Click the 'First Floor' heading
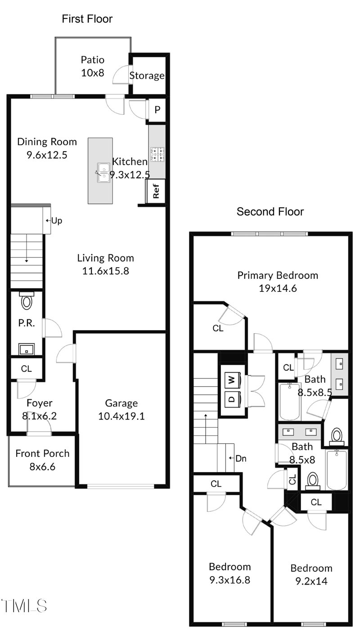(x=87, y=19)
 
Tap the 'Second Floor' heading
(x=270, y=211)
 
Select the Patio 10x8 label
(x=93, y=66)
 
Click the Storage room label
(x=147, y=76)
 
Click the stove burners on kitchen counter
(x=157, y=154)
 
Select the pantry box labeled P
(x=157, y=109)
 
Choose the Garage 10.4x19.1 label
(x=121, y=410)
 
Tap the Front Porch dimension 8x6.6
(x=42, y=467)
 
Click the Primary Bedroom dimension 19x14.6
(x=277, y=289)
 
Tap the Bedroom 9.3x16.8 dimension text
(x=229, y=580)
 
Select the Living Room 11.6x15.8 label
(x=105, y=264)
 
